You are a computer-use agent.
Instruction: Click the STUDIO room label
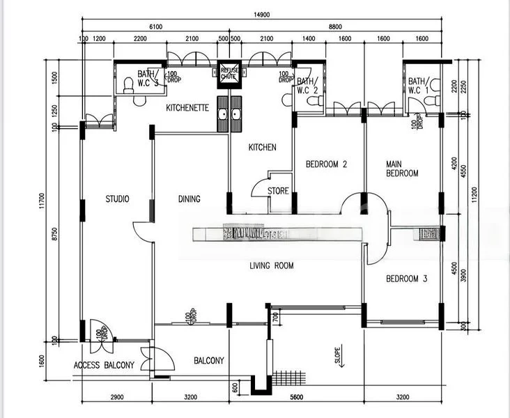(117, 199)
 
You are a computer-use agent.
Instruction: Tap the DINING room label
(189, 199)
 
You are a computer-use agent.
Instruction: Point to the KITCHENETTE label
(187, 108)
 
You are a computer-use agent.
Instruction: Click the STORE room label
(278, 190)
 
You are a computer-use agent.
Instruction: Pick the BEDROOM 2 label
(326, 165)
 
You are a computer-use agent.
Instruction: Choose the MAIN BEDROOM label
(402, 169)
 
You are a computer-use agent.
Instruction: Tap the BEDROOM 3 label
(407, 279)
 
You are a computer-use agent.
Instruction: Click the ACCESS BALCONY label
(104, 365)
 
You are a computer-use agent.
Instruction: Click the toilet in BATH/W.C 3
(127, 86)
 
